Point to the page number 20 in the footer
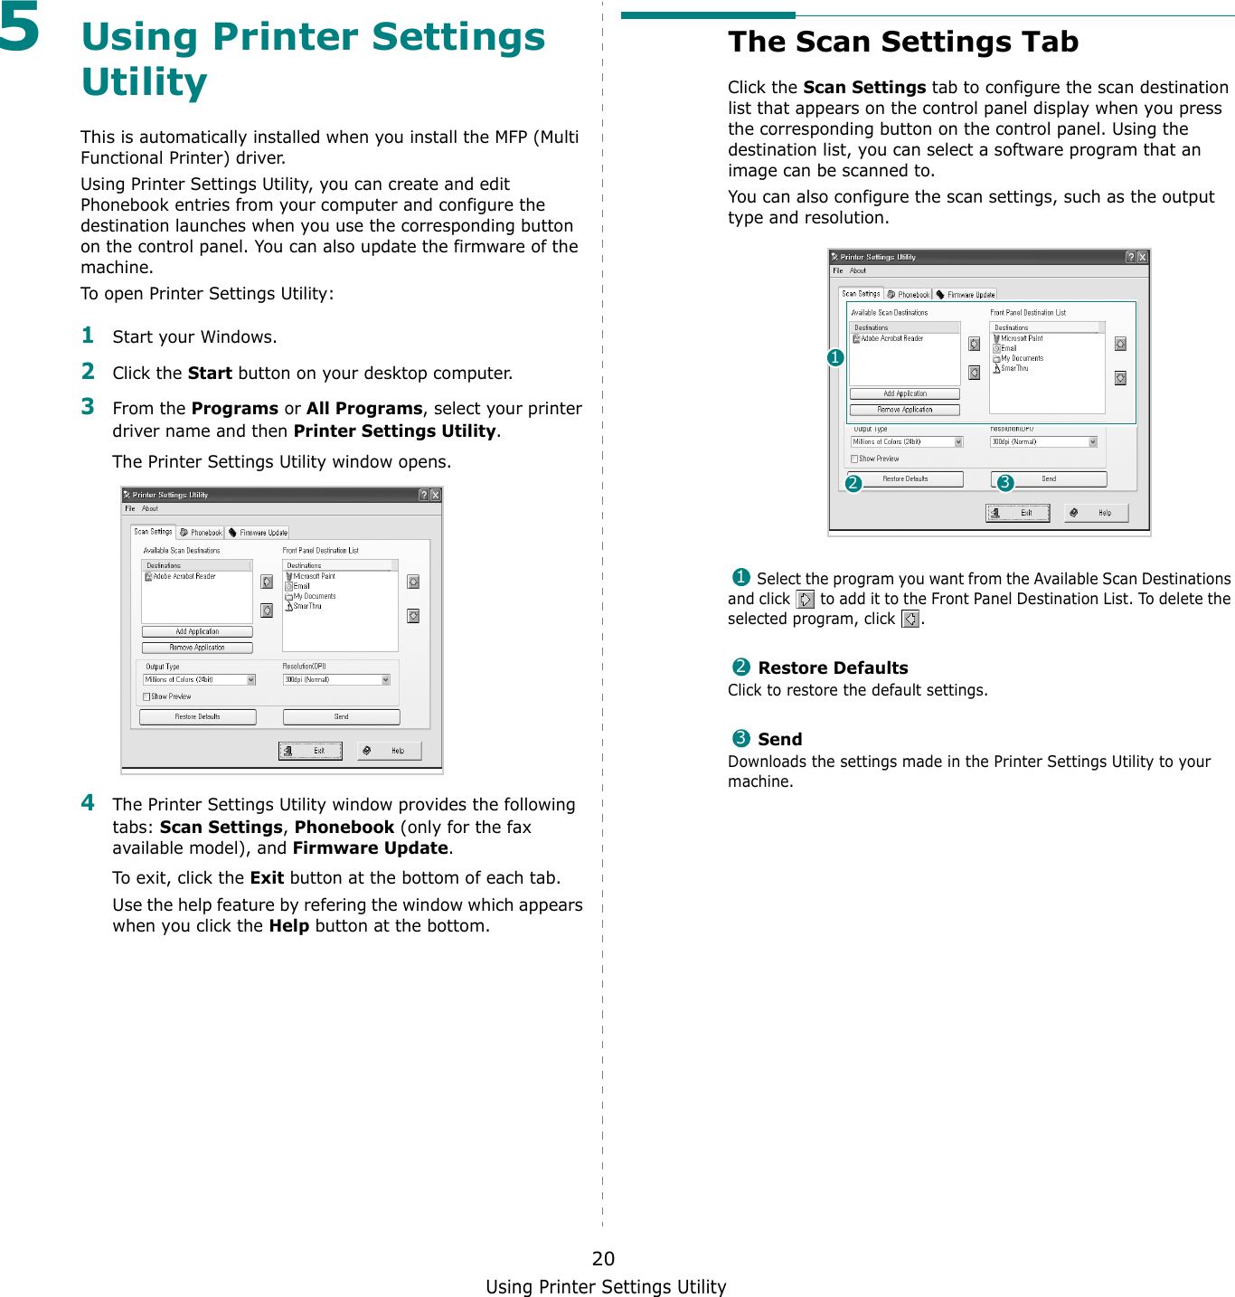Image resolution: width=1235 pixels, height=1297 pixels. [603, 1258]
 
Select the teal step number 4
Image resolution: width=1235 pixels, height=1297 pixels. [88, 802]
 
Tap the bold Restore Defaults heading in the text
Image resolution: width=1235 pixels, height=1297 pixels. [833, 667]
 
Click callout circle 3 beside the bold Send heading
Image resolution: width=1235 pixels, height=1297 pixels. [740, 738]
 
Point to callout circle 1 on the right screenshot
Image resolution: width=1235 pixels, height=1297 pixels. [835, 357]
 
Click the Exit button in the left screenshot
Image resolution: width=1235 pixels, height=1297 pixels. [310, 751]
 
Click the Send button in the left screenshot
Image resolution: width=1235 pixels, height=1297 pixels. [341, 716]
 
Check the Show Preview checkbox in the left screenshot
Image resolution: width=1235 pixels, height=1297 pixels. [146, 696]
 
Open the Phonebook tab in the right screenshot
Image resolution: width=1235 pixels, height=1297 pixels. [909, 294]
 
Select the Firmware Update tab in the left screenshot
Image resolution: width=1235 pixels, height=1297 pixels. [258, 533]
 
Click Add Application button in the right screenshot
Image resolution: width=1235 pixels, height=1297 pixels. [904, 393]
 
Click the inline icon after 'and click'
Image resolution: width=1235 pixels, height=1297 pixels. [805, 599]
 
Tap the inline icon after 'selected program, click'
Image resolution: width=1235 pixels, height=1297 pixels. [910, 619]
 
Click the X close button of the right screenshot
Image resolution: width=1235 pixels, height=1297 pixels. [1143, 257]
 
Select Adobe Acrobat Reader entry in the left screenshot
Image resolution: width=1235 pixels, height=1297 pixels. [184, 576]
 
